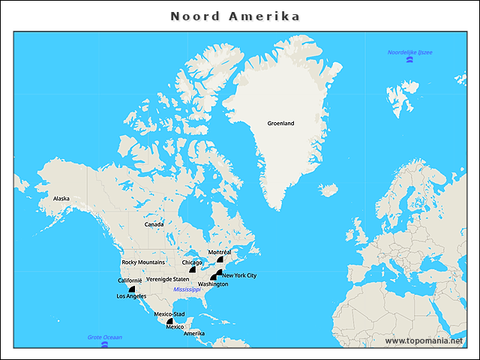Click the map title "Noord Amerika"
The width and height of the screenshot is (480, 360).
(235, 16)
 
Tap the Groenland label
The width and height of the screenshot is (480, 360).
(280, 123)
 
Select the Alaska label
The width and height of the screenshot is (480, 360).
(61, 199)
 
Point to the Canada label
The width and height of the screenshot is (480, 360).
(154, 224)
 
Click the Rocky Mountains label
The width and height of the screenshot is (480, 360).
(143, 262)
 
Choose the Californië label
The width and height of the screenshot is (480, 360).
(130, 280)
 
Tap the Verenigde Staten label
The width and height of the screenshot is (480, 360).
(168, 279)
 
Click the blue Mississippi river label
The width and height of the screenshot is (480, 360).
(187, 289)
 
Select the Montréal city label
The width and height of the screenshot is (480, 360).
(220, 252)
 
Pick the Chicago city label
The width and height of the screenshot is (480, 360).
(193, 262)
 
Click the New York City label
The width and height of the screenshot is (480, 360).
(239, 275)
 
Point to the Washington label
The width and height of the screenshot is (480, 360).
(213, 284)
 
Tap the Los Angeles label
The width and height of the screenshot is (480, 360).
(131, 296)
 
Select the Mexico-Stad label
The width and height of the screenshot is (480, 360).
(169, 313)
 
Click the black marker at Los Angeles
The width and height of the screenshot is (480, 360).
(132, 289)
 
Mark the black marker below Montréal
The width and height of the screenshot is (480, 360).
(220, 259)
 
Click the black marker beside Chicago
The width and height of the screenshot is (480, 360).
(193, 269)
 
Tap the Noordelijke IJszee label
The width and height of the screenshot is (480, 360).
(409, 52)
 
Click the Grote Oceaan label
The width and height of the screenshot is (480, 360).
(104, 337)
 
